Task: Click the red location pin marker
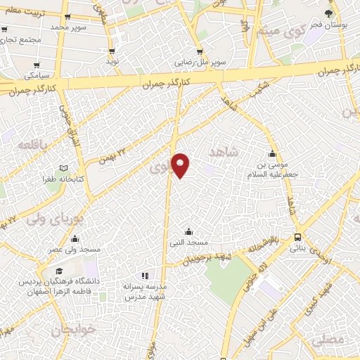tap(181, 165)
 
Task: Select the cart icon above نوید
tap(112, 52)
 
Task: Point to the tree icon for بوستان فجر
tap(328, 14)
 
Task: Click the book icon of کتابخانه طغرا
tap(64, 168)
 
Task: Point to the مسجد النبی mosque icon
tap(188, 231)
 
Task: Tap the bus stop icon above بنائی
tap(298, 238)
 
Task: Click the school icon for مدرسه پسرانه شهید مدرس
tap(145, 276)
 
